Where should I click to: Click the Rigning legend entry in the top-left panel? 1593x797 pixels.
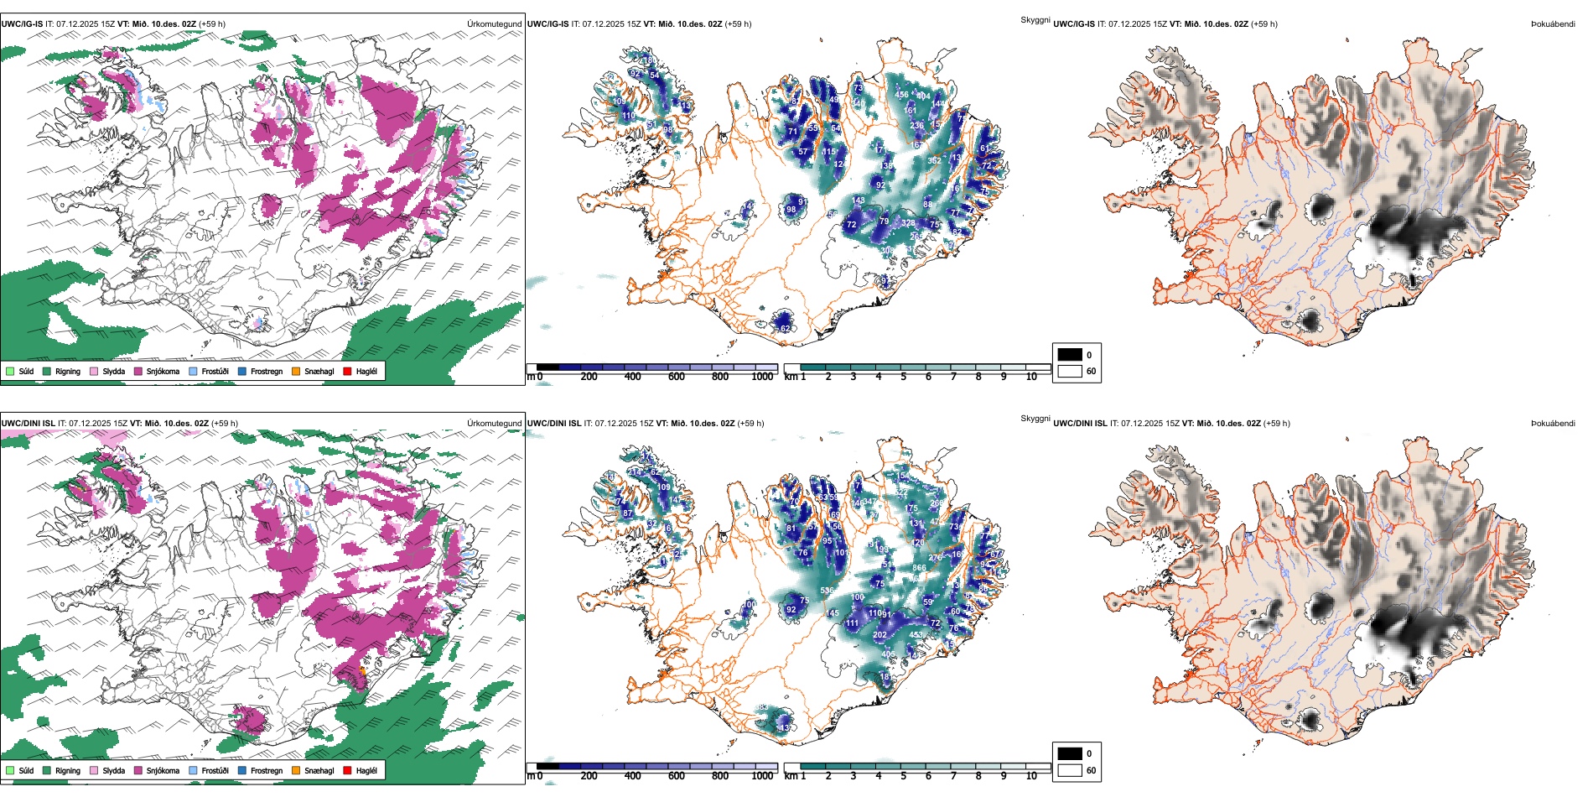(67, 372)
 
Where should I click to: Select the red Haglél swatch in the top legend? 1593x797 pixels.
(347, 372)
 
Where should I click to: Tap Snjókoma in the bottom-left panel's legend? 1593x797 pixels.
(163, 771)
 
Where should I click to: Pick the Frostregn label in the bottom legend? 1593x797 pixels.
(266, 771)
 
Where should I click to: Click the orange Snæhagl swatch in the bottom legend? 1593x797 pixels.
(296, 771)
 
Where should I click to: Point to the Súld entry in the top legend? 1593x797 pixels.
(26, 372)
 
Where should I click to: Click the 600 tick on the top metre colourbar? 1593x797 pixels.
(677, 377)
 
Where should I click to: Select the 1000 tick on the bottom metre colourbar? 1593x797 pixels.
(762, 776)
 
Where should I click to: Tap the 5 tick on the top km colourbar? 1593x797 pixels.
(904, 377)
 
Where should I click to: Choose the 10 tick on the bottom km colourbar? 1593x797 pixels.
(1031, 776)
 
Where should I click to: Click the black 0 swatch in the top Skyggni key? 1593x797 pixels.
(1070, 355)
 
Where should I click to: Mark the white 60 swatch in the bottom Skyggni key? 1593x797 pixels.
(1070, 770)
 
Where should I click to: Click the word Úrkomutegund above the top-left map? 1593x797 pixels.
(494, 24)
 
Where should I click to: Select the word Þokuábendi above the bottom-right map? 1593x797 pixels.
(1553, 424)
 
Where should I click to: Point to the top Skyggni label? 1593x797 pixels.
(1035, 20)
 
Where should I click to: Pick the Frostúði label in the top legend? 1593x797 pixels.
(215, 372)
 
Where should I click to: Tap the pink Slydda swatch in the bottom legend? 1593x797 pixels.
(94, 771)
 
